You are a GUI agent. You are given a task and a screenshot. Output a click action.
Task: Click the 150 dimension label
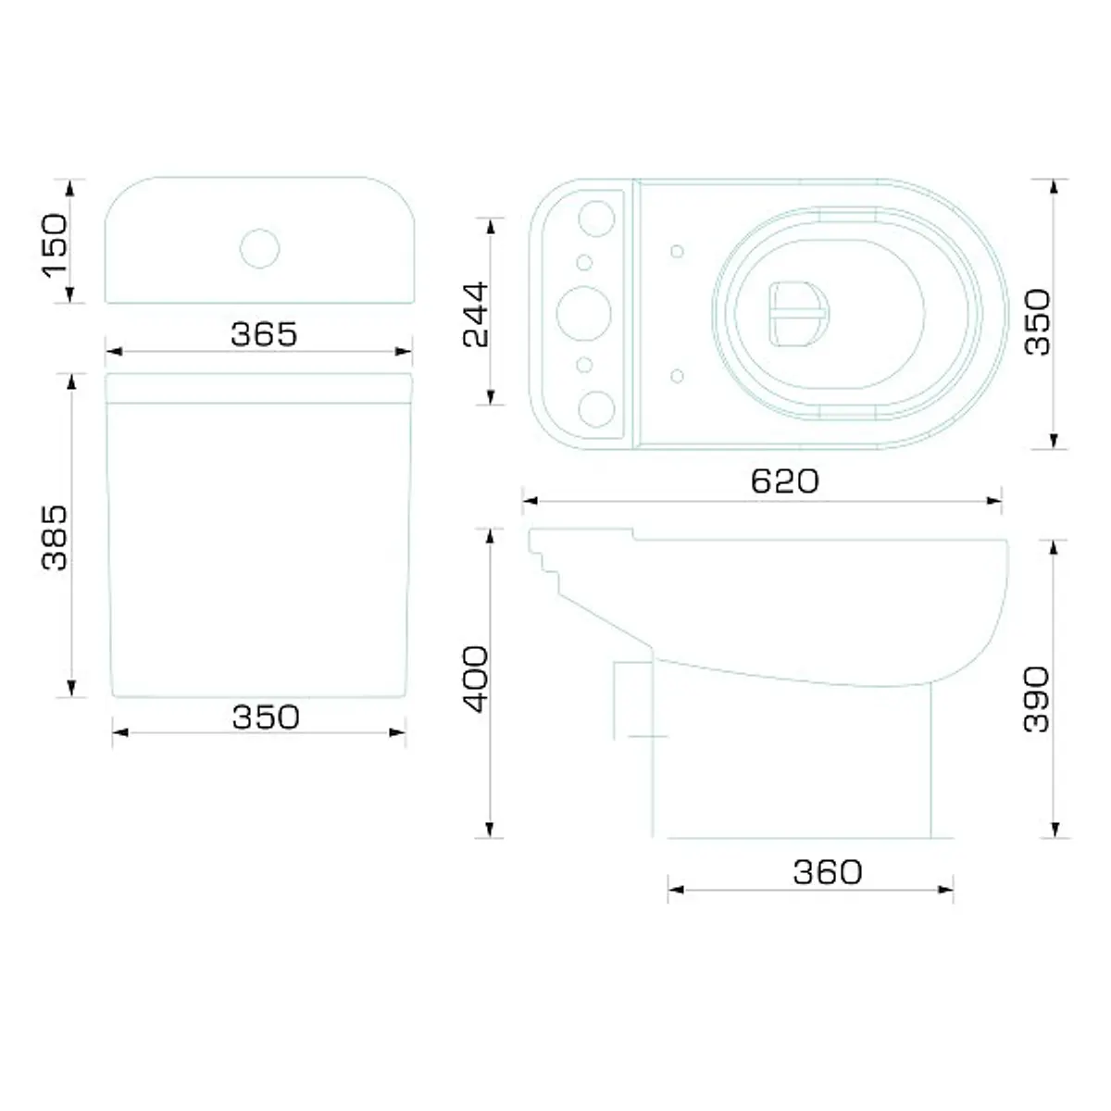click(56, 245)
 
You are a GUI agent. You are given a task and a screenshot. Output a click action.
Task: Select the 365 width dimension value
click(264, 334)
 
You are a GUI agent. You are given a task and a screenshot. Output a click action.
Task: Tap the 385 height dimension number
click(56, 537)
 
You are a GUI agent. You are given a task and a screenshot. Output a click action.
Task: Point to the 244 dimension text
click(476, 315)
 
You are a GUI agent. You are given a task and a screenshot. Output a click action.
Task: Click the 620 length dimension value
click(785, 481)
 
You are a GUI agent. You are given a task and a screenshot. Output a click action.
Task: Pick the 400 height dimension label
click(476, 680)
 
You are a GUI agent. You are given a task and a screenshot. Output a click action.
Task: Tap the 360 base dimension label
click(828, 872)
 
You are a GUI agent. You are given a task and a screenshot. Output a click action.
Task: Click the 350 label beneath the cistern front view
click(266, 718)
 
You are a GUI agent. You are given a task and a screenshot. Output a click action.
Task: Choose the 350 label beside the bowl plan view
click(1038, 321)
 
